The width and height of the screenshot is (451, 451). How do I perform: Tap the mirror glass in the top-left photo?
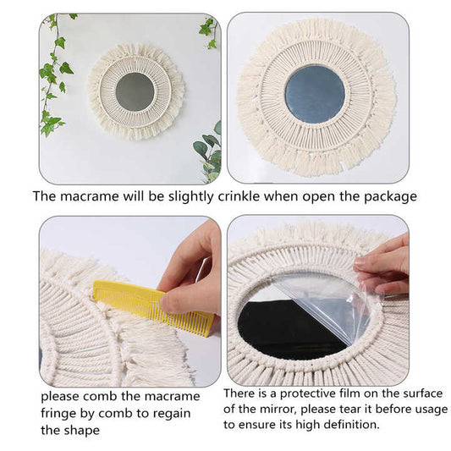point(135,91)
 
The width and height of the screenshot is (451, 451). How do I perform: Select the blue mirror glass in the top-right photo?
point(314,92)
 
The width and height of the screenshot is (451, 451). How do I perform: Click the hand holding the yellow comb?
point(190,271)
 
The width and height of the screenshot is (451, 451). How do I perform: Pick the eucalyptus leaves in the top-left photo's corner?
point(208,149)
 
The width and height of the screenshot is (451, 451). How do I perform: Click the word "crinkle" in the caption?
point(253,196)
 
